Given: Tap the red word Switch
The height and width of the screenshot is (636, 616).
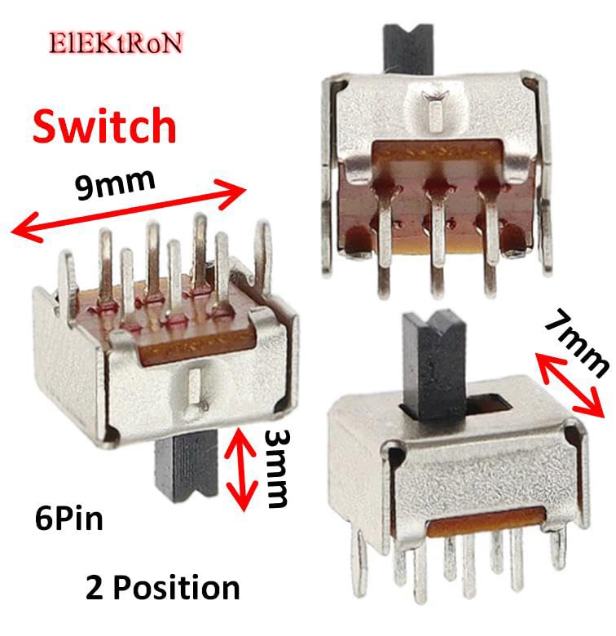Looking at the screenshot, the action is (104, 126).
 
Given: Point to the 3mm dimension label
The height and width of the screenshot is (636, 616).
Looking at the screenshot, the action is (276, 469).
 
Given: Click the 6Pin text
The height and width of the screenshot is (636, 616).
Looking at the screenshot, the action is (68, 519).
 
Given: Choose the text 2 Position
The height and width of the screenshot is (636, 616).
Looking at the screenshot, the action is (162, 587).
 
